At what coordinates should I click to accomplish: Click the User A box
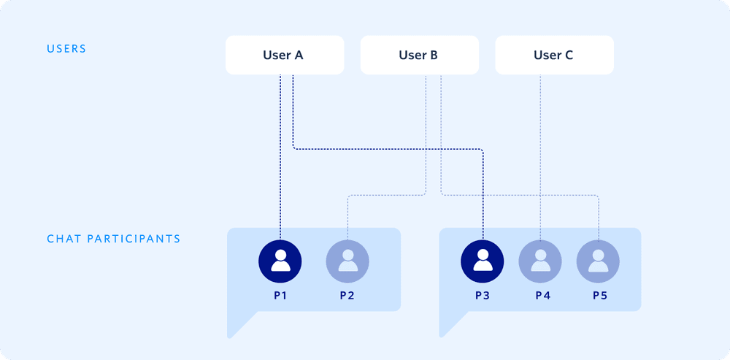(284, 55)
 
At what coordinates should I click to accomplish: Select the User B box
(419, 55)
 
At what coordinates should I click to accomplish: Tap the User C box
(554, 55)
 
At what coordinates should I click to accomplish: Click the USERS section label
(66, 49)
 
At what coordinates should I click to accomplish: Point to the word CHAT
(64, 239)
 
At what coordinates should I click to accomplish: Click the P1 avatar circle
(280, 261)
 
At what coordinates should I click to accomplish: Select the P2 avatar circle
(347, 261)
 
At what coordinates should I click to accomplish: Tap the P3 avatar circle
(482, 261)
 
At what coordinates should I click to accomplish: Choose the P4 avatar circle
(540, 261)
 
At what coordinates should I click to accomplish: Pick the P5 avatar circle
(598, 261)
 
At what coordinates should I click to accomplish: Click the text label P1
(280, 296)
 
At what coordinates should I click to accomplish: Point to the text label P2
(347, 296)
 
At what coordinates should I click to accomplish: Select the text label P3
(482, 296)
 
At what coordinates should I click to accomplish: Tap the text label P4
(540, 296)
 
